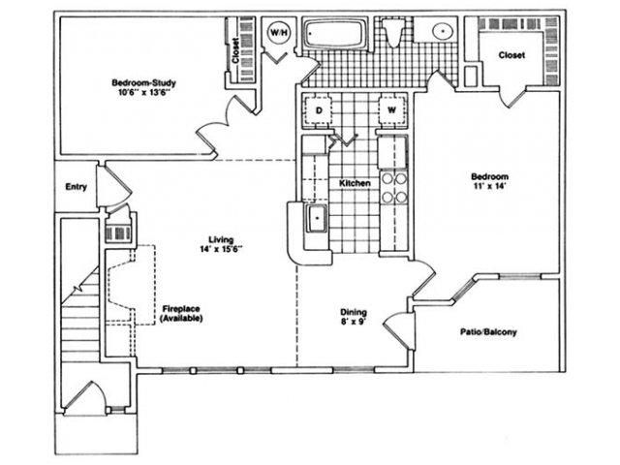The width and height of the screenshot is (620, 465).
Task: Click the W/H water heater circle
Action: [x=279, y=32]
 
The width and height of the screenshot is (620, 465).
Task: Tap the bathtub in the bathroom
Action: [x=335, y=34]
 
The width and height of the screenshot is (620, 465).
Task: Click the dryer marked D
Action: [x=319, y=109]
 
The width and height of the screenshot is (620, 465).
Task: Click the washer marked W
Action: [x=391, y=109]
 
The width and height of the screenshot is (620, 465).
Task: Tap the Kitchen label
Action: [x=356, y=183]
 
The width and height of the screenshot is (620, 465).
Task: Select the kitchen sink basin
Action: [x=317, y=218]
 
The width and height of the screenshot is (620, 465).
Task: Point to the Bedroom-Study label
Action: [x=144, y=83]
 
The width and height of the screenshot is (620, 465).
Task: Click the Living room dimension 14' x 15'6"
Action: [x=221, y=249]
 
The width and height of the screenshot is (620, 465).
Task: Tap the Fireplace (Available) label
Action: [x=181, y=313]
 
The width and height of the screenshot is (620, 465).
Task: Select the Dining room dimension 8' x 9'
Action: [x=354, y=322]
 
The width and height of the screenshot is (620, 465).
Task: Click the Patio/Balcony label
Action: [x=488, y=331]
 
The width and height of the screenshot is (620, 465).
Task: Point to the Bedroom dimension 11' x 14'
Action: [x=489, y=186]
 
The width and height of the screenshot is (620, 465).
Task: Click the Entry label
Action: [x=76, y=187]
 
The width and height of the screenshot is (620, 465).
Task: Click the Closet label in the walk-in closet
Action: [x=511, y=55]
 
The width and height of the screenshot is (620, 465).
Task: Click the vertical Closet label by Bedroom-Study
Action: [x=235, y=50]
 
